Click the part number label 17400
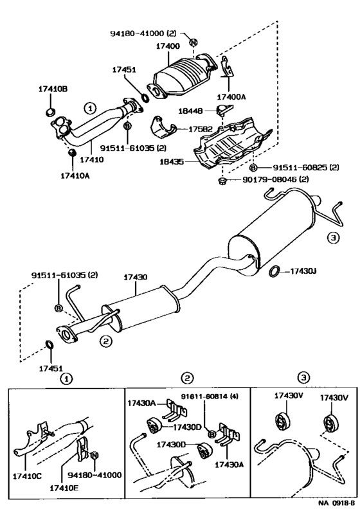coord(168,46)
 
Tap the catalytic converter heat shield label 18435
coord(172,162)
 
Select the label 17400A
coord(231,97)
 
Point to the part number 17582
coord(201,129)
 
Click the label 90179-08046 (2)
coord(275,179)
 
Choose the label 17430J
coord(303,271)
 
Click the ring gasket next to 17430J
coord(274,271)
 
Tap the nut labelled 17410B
coord(50,112)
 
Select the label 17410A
coord(75,175)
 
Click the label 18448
coord(190,111)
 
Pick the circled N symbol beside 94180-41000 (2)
coord(194,42)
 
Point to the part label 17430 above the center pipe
coord(136,277)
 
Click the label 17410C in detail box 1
coord(28,476)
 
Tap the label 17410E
coord(64,488)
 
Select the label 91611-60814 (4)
coord(210,396)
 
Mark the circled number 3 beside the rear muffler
coord(333,237)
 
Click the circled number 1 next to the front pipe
coord(90,108)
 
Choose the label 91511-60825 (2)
coord(306,168)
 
